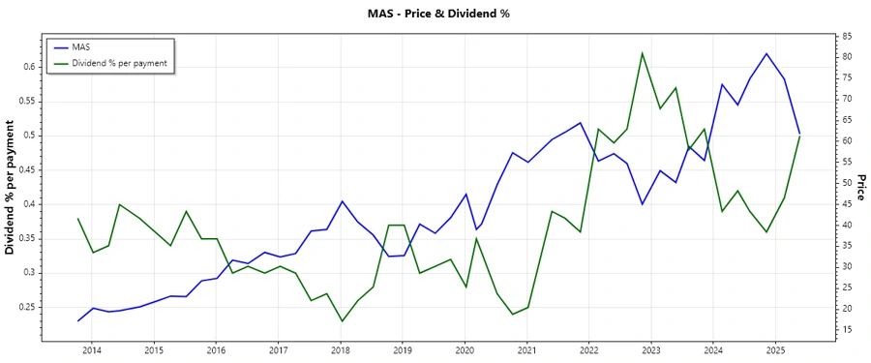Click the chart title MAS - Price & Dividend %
point(438,14)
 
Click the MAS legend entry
point(81,46)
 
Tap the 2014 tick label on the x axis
point(92,349)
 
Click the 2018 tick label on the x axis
point(341,349)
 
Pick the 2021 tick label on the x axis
point(526,349)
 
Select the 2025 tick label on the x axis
point(775,349)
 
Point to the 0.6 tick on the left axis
point(28,67)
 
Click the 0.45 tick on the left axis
point(25,169)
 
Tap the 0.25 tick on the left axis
point(25,307)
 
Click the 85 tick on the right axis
point(848,36)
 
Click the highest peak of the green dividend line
point(643,53)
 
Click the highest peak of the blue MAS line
point(766,53)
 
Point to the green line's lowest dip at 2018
point(342,321)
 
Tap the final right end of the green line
point(799,136)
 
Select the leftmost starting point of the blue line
point(78,320)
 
